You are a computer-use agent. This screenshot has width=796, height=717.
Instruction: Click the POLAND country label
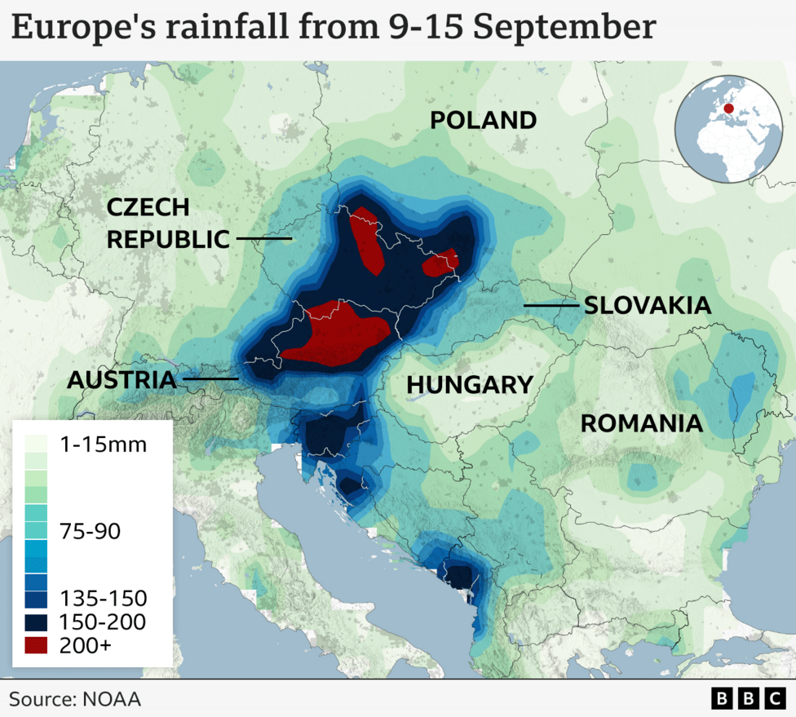tap(483, 121)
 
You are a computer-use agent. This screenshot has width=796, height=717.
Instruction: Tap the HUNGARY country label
tap(470, 384)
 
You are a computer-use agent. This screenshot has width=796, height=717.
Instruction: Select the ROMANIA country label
tap(641, 423)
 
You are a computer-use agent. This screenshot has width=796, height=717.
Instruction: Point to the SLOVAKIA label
tap(647, 306)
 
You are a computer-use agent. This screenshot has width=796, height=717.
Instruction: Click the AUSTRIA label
tap(122, 379)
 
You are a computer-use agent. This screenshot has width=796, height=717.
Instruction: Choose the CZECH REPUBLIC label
tap(167, 224)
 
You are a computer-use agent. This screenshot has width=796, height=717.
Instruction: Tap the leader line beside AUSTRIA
tap(210, 378)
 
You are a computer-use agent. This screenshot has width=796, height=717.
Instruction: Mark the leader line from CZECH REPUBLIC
tap(264, 239)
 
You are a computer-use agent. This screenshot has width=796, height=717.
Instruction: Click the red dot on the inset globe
tap(728, 108)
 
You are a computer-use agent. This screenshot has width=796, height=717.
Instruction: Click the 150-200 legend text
tap(103, 622)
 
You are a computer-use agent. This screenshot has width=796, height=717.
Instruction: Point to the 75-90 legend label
tap(90, 532)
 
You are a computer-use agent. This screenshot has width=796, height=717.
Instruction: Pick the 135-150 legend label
tap(103, 598)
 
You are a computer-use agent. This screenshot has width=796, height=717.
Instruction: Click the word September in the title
tap(564, 28)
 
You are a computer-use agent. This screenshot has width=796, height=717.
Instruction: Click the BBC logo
tap(747, 698)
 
